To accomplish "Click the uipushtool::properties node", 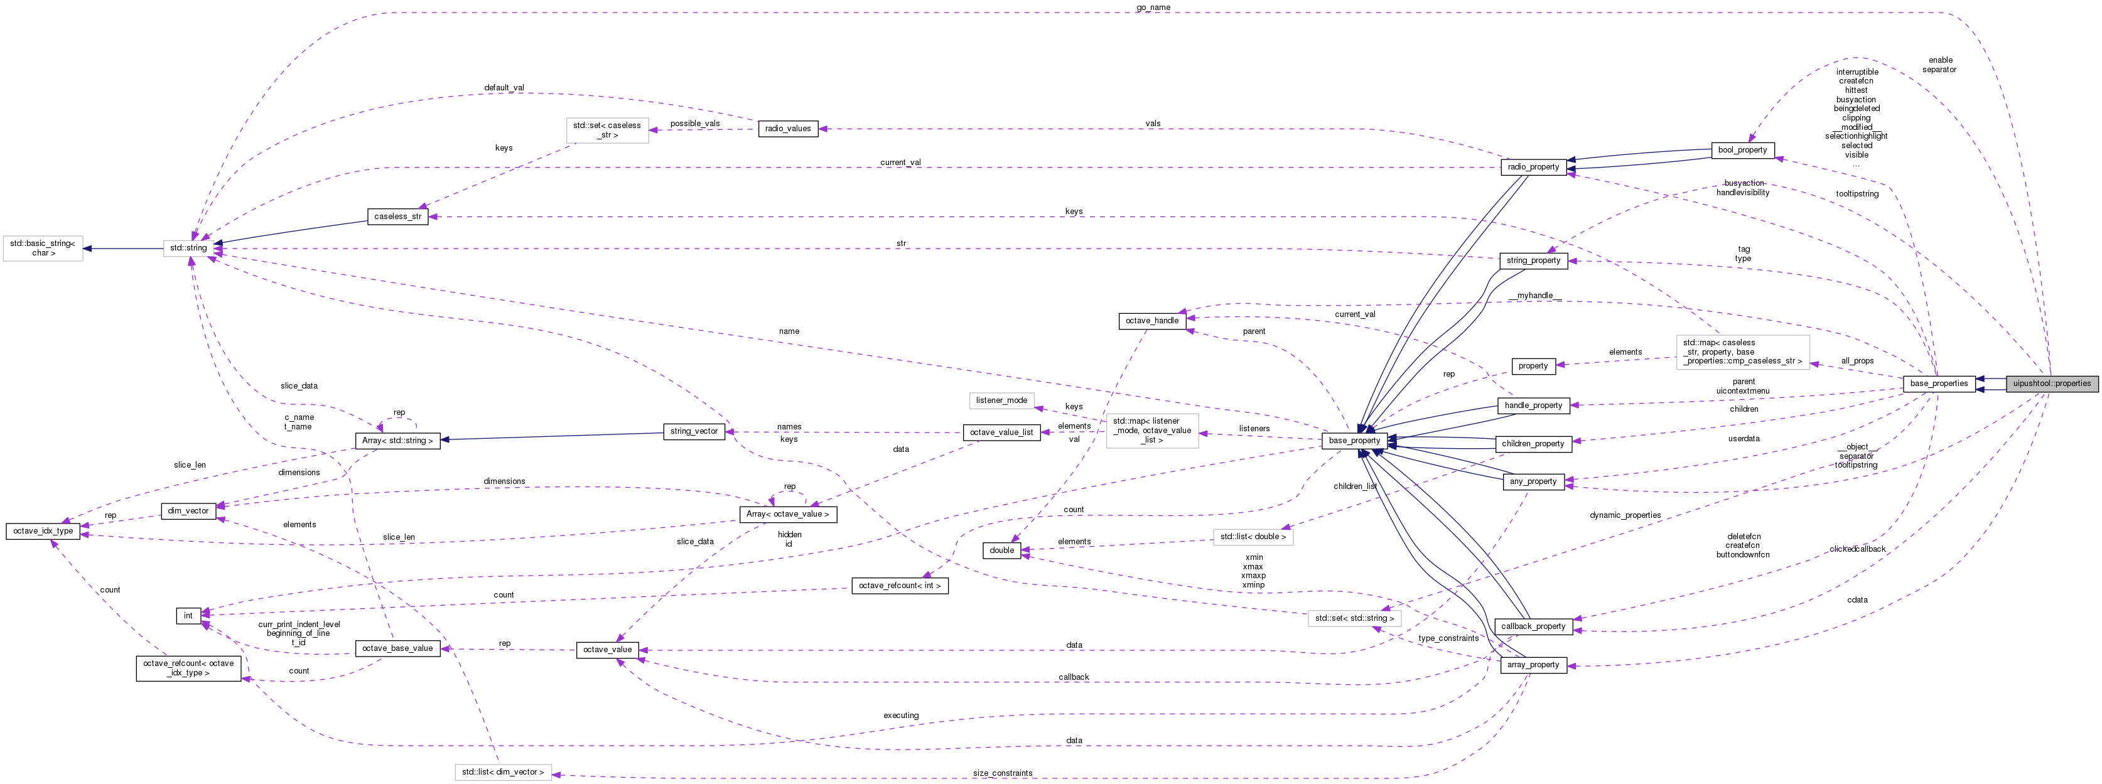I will tap(2051, 384).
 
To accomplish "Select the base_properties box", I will tap(1939, 384).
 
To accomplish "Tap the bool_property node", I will tap(1742, 150).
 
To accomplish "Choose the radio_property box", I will tap(1533, 167).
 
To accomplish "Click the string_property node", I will tap(1533, 261).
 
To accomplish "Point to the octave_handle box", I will tap(1151, 321).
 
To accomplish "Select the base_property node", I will tap(1354, 441).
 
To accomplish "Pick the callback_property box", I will tap(1533, 626).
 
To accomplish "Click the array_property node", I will tap(1533, 665).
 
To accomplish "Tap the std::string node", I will tap(188, 248).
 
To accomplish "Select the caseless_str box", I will tap(397, 217).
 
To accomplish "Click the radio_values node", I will tap(787, 129).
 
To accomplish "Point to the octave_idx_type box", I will tap(43, 531).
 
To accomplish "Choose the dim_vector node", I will tap(188, 512).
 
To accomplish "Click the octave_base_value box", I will tap(397, 648).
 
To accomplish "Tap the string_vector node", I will tap(694, 432).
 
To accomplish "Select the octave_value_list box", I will tap(1001, 432).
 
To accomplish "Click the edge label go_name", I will tap(1153, 8).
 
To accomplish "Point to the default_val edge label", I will tap(504, 87).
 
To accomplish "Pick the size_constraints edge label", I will tap(1003, 773).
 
